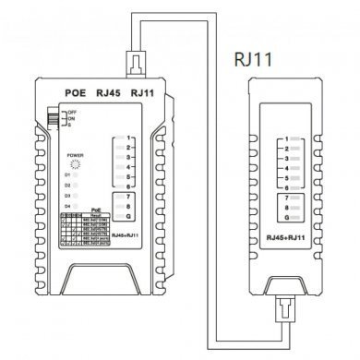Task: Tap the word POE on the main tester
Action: point(76,93)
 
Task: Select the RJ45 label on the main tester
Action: point(107,93)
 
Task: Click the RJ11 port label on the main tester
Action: point(142,93)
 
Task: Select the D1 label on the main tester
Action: point(67,174)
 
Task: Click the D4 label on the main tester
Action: point(67,206)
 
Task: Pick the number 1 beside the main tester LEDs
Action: point(131,140)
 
